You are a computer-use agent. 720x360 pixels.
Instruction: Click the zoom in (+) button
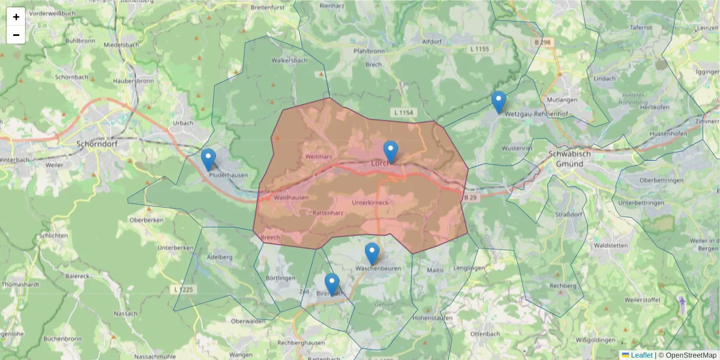point(16,17)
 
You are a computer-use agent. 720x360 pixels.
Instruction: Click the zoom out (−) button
point(16,35)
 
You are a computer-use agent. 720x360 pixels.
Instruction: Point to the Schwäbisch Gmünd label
point(569,158)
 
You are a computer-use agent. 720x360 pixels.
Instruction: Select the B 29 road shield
point(472,197)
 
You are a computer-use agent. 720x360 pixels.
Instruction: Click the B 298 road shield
point(542,43)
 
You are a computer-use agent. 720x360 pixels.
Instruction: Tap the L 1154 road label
point(405,113)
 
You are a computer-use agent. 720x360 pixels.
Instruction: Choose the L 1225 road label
point(184,290)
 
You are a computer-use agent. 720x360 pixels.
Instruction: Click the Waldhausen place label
point(290,197)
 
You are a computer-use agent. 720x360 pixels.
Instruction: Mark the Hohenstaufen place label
point(431,317)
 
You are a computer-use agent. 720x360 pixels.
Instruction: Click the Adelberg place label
point(219,257)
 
